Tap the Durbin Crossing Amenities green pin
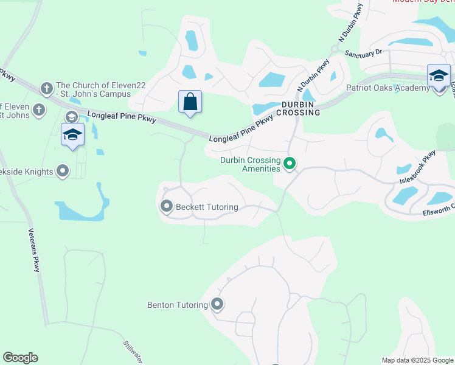[x=290, y=163]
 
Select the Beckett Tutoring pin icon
[x=167, y=207]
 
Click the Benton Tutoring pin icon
[x=217, y=305]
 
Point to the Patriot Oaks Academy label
[x=388, y=88]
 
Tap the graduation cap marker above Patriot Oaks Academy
[x=439, y=76]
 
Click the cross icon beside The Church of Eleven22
[x=46, y=89]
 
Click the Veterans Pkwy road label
[x=36, y=250]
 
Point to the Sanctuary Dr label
[x=363, y=52]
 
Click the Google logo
[x=20, y=358]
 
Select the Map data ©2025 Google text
[x=417, y=360]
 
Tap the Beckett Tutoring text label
[x=207, y=207]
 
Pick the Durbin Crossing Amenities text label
[x=250, y=164]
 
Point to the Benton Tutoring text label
[x=178, y=305]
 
